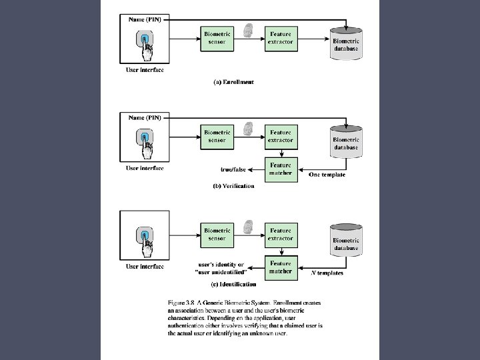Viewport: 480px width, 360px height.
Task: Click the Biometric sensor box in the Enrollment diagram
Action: tap(217, 37)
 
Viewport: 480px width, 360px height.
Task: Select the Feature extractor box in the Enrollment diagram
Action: tap(281, 37)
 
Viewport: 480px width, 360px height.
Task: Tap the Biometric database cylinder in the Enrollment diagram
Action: tap(346, 43)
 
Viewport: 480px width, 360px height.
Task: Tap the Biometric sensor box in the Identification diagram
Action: tap(217, 235)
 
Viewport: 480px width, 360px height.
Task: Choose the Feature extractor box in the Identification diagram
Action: tap(281, 235)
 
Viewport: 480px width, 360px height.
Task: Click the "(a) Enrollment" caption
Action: tap(233, 82)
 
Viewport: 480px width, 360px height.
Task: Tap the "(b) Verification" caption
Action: tap(233, 186)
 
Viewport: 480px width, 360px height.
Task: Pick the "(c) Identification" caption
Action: tap(233, 285)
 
